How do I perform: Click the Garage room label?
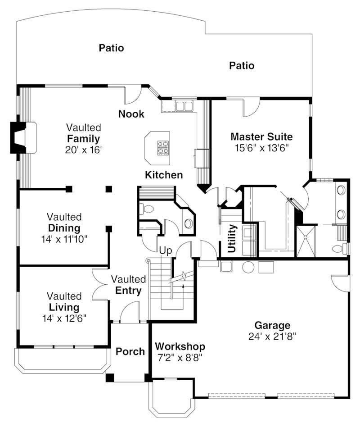pos(272,325)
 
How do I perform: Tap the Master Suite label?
pos(261,136)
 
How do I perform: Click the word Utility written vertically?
pos(232,239)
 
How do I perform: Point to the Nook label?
pos(131,114)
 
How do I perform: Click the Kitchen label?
pos(164,175)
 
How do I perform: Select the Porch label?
pos(130,351)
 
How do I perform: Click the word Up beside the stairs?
pos(166,251)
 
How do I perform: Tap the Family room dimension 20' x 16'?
pos(83,149)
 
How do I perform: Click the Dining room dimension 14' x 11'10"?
pos(64,238)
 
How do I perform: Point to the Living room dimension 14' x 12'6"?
pos(64,318)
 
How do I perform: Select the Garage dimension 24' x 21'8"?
pos(272,336)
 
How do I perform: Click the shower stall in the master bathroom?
pos(306,241)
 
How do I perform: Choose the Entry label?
pos(128,291)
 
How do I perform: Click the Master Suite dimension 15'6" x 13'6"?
pos(261,147)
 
